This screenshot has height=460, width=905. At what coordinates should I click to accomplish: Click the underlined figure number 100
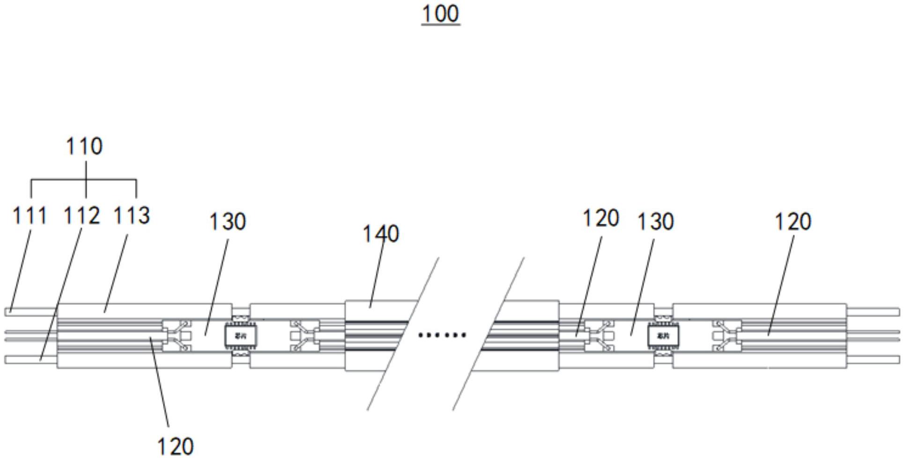pyautogui.click(x=440, y=14)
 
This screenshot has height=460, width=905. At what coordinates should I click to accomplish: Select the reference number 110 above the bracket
pyautogui.click(x=84, y=146)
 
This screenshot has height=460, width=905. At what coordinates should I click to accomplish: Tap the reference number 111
pyautogui.click(x=29, y=216)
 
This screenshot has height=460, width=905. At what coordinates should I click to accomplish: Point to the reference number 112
pyautogui.click(x=82, y=216)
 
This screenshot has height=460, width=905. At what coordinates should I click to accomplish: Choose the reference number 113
pyautogui.click(x=132, y=216)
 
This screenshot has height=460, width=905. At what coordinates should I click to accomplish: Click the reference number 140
pyautogui.click(x=381, y=234)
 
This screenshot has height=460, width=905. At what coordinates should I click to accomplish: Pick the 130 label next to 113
pyautogui.click(x=227, y=221)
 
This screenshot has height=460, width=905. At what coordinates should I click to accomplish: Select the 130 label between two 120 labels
pyautogui.click(x=655, y=221)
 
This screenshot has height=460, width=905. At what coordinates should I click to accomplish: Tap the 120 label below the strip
pyautogui.click(x=175, y=446)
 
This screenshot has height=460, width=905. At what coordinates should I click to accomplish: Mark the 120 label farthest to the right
pyautogui.click(x=793, y=221)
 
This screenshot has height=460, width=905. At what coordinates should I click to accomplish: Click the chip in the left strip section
pyautogui.click(x=241, y=335)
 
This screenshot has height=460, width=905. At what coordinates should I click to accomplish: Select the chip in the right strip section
pyautogui.click(x=663, y=335)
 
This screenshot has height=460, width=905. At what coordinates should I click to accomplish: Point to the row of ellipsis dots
pyautogui.click(x=442, y=335)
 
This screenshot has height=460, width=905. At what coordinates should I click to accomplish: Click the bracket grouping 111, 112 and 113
pyautogui.click(x=84, y=180)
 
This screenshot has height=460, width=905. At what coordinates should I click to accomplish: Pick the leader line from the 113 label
pyautogui.click(x=116, y=274)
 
